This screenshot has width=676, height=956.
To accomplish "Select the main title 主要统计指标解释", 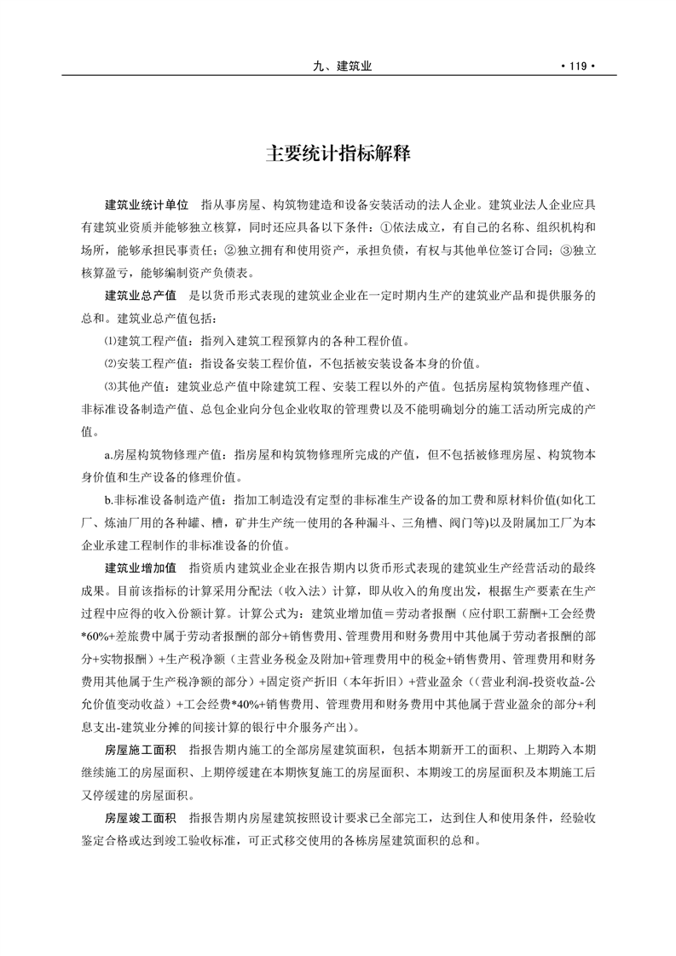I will [338, 154].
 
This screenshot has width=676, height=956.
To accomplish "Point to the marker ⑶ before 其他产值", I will [109, 386].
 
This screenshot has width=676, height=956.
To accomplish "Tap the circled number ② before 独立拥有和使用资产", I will [230, 251].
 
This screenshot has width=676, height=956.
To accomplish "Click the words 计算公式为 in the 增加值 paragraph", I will [280, 613].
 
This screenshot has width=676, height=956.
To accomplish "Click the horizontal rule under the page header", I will [338, 75].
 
